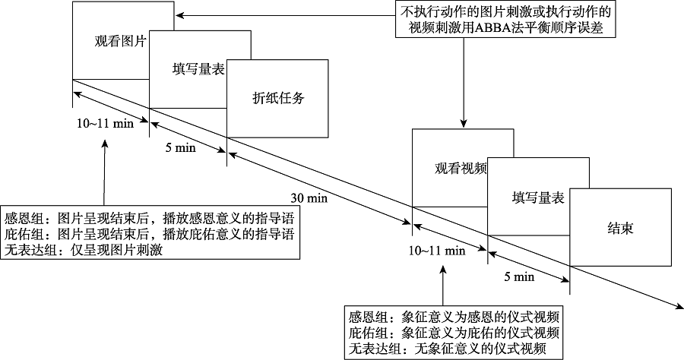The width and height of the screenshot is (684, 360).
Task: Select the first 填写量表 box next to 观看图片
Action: point(198,69)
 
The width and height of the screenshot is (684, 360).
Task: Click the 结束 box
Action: point(620,227)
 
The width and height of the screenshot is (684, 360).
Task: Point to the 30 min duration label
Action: point(309,198)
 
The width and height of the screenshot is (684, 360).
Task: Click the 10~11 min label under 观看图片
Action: point(106,123)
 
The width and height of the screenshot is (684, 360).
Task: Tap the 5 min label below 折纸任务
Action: point(181,148)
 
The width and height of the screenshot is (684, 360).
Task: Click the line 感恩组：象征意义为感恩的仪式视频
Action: point(454,317)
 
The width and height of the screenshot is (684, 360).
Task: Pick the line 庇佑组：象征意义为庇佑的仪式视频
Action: point(454,333)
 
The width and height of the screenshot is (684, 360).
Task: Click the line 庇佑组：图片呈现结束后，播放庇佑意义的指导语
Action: point(149,233)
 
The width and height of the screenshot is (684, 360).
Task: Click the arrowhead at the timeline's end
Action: point(676,308)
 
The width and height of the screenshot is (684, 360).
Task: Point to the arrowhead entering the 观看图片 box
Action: point(178,14)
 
